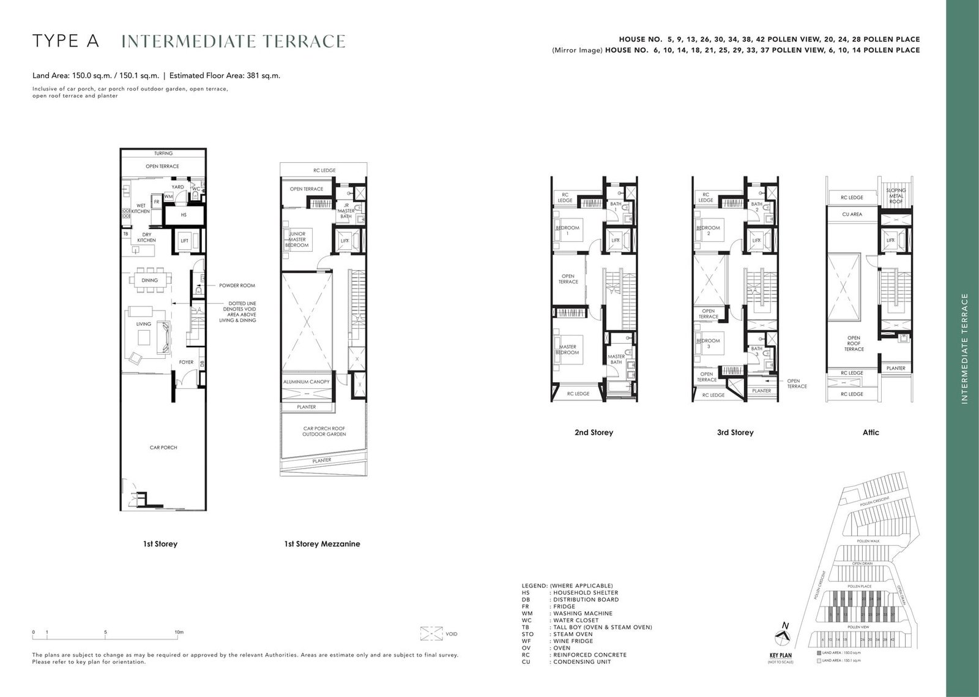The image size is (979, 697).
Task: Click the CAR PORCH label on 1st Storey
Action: [x=163, y=448]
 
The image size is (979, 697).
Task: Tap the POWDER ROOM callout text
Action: [x=237, y=285]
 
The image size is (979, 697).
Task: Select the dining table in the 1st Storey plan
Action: [x=150, y=281]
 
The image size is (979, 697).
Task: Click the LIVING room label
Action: [x=143, y=325]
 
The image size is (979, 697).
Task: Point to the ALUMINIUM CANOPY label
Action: [x=306, y=382]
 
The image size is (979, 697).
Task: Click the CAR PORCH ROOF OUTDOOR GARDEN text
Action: [x=324, y=431]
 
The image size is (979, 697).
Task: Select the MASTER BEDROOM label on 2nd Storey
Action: [x=567, y=350]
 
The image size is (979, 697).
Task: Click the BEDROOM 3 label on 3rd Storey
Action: [x=708, y=344]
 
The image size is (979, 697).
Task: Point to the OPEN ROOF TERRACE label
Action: [x=854, y=343]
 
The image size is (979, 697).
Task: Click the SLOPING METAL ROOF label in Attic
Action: [x=896, y=195]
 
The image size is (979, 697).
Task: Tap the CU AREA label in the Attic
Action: [x=852, y=214]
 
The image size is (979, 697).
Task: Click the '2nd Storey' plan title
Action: [x=594, y=432]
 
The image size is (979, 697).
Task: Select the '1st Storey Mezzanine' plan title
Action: [x=322, y=544]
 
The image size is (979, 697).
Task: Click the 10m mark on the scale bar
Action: [x=179, y=631]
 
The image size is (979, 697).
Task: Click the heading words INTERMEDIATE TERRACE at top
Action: [x=233, y=41]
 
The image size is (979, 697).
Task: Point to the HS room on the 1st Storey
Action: [x=184, y=216]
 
